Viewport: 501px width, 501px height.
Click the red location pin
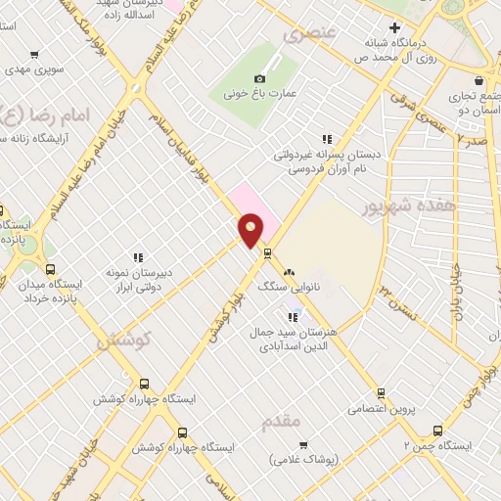250,230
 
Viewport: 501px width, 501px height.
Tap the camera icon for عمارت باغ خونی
259,78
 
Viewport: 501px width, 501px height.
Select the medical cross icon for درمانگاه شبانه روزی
394,27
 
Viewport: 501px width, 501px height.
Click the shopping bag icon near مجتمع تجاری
478,80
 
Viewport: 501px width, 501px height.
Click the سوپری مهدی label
34,69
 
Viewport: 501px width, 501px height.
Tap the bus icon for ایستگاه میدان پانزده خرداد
50,269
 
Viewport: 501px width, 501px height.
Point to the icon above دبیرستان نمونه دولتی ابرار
138,258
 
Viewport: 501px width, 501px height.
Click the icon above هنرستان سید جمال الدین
293,316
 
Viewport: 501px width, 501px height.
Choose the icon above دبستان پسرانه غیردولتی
327,139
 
